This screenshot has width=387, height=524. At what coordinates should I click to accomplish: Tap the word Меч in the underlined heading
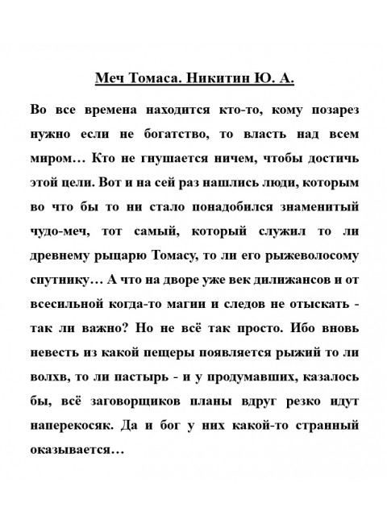110,80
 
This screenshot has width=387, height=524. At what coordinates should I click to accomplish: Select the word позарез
332,109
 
